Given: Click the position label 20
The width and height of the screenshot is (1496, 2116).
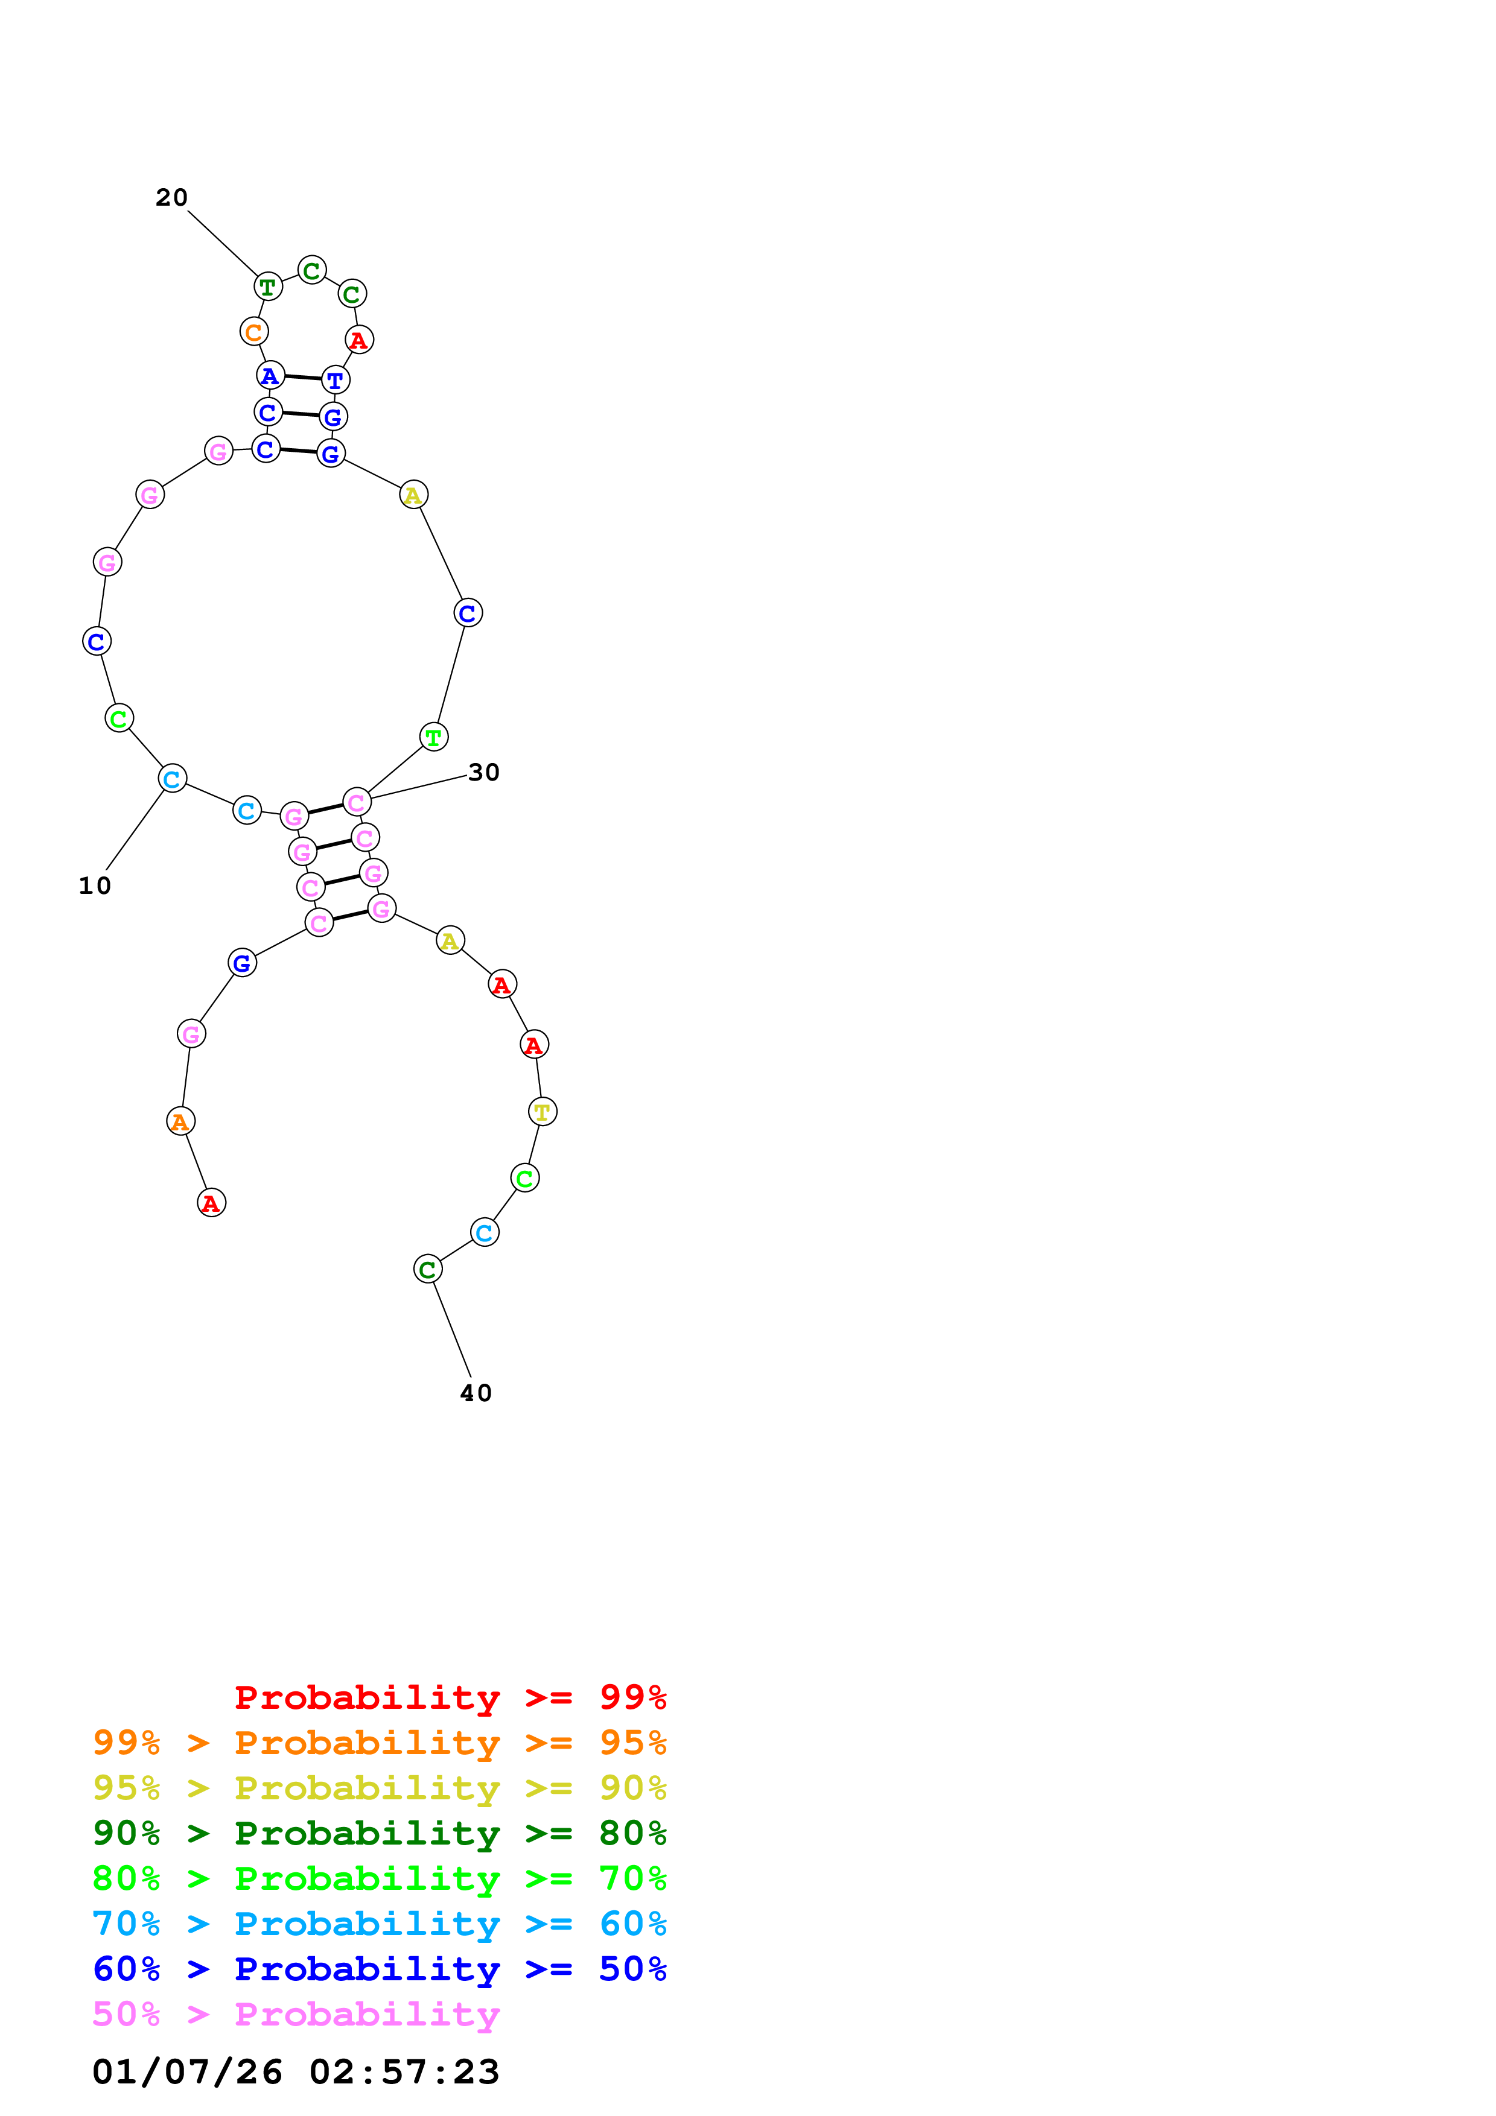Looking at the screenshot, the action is click(x=171, y=197).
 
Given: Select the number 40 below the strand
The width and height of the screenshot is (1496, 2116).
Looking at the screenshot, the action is click(x=476, y=1393).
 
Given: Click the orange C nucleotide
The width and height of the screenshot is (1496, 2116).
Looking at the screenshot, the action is click(x=253, y=332).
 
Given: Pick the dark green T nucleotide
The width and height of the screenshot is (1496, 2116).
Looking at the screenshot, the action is click(x=268, y=287).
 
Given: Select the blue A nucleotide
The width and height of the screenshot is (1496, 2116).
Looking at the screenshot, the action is click(x=269, y=375).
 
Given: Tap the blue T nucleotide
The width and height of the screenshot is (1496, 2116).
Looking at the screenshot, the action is click(x=336, y=379).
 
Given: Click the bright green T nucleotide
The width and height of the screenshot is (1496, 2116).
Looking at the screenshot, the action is click(x=433, y=737).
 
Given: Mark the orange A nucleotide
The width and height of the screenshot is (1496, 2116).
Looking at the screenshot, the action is click(x=180, y=1121).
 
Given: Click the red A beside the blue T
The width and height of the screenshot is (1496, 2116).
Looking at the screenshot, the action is click(x=358, y=340).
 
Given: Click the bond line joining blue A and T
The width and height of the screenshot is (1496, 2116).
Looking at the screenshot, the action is click(x=302, y=378).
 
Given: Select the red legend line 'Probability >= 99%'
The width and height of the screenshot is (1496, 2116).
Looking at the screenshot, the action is click(x=450, y=1697).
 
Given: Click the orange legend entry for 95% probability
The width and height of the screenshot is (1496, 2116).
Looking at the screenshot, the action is click(x=379, y=1743).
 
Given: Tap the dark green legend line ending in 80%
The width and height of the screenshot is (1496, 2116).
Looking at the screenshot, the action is click(x=379, y=1833).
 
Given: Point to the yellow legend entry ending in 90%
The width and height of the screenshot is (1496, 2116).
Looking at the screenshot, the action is click(x=379, y=1788).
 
